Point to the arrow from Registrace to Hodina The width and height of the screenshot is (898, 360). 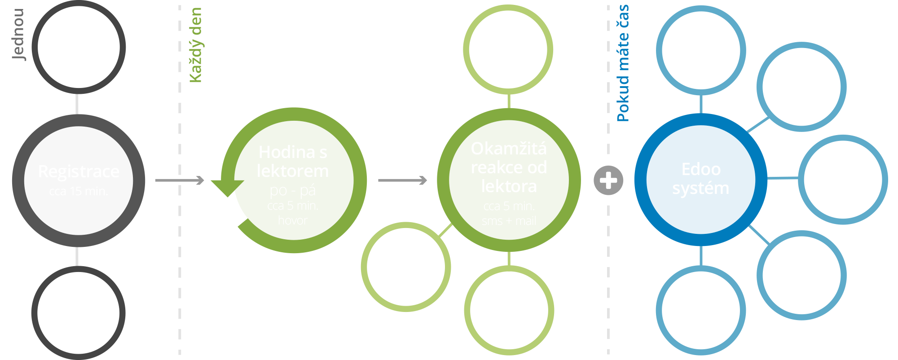179,180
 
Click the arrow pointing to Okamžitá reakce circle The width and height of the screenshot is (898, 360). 402,180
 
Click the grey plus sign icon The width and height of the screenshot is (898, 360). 608,180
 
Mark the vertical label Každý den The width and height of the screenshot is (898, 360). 195,45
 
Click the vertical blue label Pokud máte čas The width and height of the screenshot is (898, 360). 623,63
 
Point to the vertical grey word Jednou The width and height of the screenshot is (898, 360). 18,34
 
